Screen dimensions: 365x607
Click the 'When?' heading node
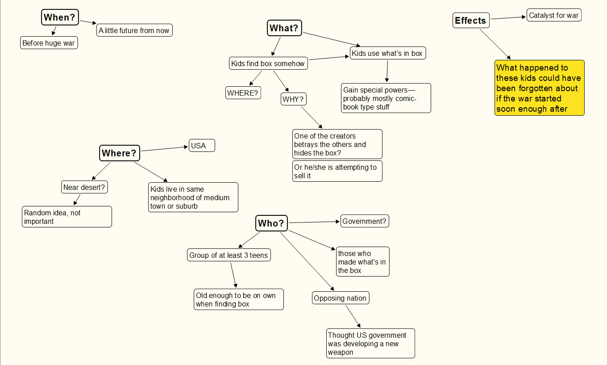point(60,18)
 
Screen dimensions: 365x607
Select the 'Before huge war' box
point(49,43)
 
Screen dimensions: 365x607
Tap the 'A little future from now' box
point(134,31)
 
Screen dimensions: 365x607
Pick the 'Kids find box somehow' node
point(268,63)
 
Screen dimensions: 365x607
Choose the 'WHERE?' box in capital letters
point(243,93)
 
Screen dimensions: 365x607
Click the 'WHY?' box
point(293,99)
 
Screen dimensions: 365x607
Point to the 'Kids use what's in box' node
point(387,54)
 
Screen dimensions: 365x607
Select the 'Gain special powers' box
point(386,98)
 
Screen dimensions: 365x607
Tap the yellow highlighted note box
point(539,88)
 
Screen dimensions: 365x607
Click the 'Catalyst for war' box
point(553,16)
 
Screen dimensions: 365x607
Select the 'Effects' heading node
point(470,21)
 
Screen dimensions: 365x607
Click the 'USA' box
point(201,146)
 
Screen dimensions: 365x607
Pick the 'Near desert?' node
point(84,187)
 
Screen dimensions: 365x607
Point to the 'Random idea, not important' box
point(67,217)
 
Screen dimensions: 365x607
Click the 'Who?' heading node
point(271,223)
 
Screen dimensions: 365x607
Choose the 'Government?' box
point(364,221)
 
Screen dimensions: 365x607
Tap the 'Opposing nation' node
point(340,298)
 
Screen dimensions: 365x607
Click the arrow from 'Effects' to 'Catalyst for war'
point(508,18)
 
